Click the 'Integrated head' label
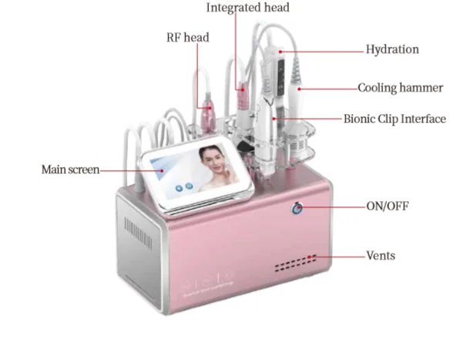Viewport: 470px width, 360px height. pyautogui.click(x=247, y=8)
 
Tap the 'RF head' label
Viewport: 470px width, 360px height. pyautogui.click(x=188, y=38)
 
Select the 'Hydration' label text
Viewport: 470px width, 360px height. pyautogui.click(x=392, y=49)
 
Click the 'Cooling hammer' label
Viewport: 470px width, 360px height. pyautogui.click(x=401, y=88)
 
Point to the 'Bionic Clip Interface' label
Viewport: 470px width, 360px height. pyautogui.click(x=394, y=119)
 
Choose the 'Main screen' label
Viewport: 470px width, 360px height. pyautogui.click(x=70, y=170)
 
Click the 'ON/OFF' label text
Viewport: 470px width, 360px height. pyautogui.click(x=388, y=206)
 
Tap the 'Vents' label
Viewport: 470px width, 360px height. pyautogui.click(x=381, y=256)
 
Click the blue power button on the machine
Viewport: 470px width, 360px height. pyautogui.click(x=297, y=208)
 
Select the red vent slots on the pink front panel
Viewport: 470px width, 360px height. pyautogui.click(x=296, y=264)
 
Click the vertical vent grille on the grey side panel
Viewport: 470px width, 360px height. pyautogui.click(x=138, y=233)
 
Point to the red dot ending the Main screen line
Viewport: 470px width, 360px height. pyautogui.click(x=162, y=170)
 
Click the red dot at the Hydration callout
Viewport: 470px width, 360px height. pyautogui.click(x=280, y=52)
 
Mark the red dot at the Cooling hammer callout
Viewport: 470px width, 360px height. pyautogui.click(x=299, y=89)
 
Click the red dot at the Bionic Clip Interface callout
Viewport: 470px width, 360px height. pyautogui.click(x=274, y=119)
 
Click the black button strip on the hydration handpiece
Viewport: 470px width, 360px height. pyautogui.click(x=281, y=76)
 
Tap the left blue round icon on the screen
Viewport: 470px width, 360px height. pyautogui.click(x=179, y=188)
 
